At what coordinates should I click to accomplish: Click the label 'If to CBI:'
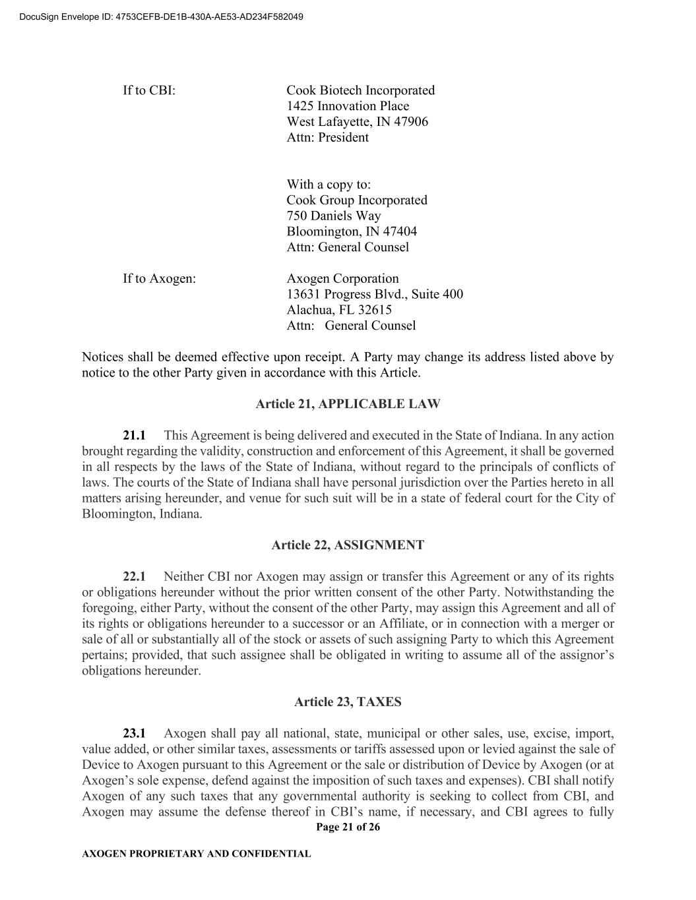pyautogui.click(x=149, y=90)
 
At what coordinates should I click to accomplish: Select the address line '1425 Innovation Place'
pyautogui.click(x=348, y=106)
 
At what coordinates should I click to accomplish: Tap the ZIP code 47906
pyautogui.click(x=411, y=122)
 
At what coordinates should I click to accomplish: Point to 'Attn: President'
pyautogui.click(x=327, y=138)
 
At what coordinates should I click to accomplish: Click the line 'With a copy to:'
pyautogui.click(x=329, y=185)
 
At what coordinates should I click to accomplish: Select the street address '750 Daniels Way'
pyautogui.click(x=334, y=216)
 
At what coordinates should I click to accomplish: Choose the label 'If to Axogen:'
pyautogui.click(x=159, y=279)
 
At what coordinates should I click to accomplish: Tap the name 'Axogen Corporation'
pyautogui.click(x=342, y=279)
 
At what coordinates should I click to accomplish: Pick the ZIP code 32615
pyautogui.click(x=374, y=311)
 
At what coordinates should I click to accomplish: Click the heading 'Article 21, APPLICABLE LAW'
pyautogui.click(x=348, y=404)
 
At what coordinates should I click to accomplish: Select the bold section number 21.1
pyautogui.click(x=134, y=436)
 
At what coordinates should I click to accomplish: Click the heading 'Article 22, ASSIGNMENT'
pyautogui.click(x=348, y=545)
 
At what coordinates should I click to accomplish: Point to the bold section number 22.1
pyautogui.click(x=134, y=577)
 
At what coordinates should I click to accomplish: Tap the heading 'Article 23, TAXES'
pyautogui.click(x=348, y=702)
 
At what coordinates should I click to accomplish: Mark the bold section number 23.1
pyautogui.click(x=134, y=734)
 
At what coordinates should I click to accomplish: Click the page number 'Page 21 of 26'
pyautogui.click(x=348, y=827)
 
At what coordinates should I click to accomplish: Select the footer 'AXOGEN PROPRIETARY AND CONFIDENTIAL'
pyautogui.click(x=196, y=854)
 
